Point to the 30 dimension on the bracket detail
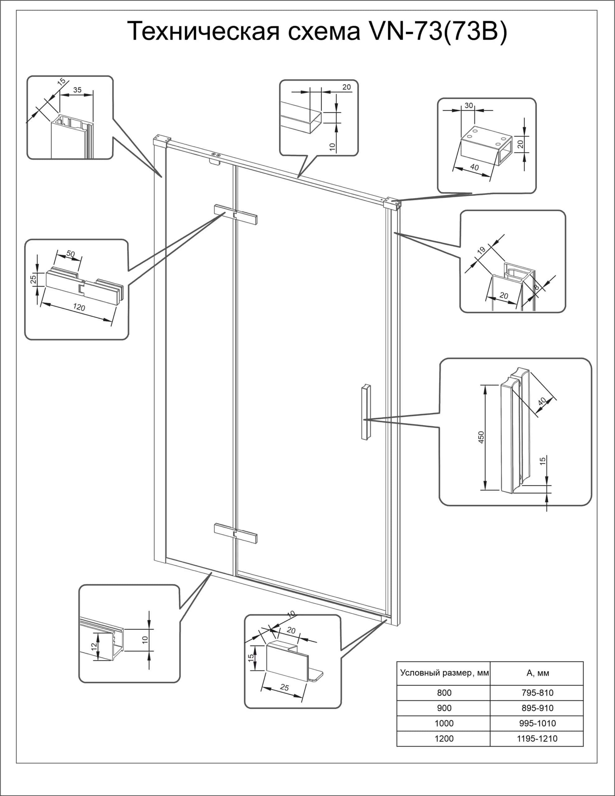469,105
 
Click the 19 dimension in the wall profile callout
481,250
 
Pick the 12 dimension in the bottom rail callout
94,646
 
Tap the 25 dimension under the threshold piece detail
284,687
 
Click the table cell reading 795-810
537,692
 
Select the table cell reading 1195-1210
537,738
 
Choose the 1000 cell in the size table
444,723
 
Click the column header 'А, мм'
537,673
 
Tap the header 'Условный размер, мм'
444,673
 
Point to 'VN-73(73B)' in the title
437,32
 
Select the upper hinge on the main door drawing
235,214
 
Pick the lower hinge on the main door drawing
235,533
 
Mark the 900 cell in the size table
444,708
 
